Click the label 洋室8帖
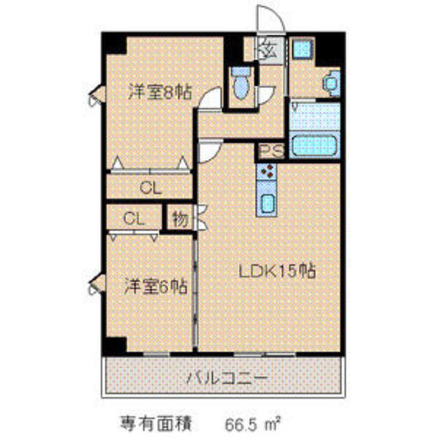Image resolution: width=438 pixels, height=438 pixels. [x=159, y=92]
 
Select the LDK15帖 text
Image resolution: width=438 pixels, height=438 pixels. [x=276, y=271]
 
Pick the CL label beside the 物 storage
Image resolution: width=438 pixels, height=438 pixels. [x=133, y=218]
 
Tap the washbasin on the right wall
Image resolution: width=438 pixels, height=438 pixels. [x=331, y=82]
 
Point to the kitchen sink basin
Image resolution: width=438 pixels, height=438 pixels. [x=268, y=203]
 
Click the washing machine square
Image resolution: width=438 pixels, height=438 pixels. [x=300, y=50]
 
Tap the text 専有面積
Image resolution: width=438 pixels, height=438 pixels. [x=149, y=417]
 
